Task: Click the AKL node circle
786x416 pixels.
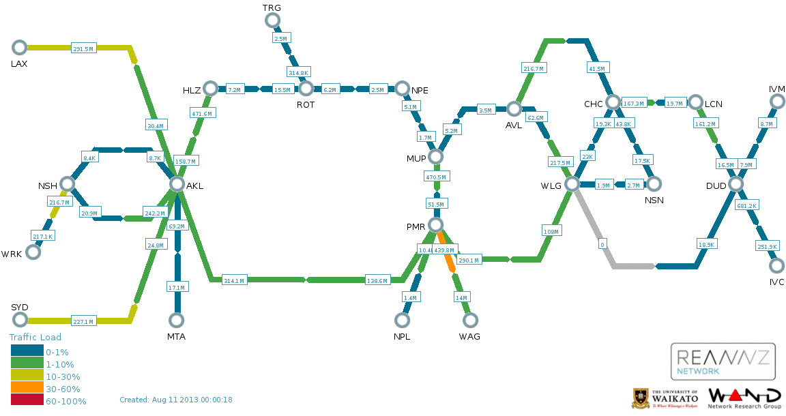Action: (177, 184)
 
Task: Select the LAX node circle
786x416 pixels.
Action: (19, 48)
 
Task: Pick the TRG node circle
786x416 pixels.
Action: (272, 20)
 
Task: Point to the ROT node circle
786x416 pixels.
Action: (306, 89)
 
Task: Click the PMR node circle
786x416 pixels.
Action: (435, 225)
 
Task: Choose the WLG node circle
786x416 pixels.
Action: (572, 184)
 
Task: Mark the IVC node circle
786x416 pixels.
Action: (776, 266)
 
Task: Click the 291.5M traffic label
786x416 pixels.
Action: (83, 48)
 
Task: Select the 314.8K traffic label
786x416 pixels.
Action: (299, 72)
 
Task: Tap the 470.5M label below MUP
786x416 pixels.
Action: (435, 177)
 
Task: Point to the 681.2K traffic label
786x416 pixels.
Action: (747, 205)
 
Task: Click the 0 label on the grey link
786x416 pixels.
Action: (602, 243)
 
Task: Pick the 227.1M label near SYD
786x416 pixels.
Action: (83, 321)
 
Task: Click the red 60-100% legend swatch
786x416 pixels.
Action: (27, 402)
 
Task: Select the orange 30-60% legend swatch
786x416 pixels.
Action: (27, 389)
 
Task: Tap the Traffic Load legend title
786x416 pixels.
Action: (35, 337)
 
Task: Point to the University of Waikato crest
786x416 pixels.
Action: (641, 398)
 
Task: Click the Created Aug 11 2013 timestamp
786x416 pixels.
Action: (176, 400)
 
